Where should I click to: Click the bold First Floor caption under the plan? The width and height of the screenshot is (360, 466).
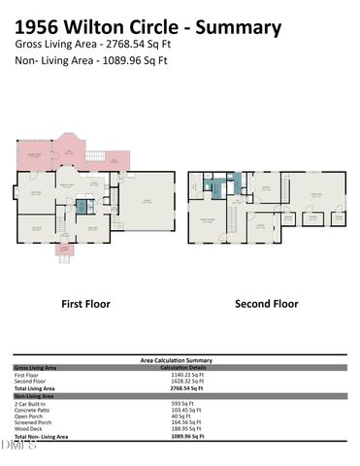coord(85,304)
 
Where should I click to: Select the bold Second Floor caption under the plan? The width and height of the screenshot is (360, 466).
coord(266,304)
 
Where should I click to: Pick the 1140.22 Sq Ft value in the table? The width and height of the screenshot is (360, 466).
coord(181,375)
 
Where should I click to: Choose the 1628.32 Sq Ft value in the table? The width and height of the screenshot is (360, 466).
coord(181,382)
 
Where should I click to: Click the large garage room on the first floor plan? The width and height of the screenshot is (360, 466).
coord(148,202)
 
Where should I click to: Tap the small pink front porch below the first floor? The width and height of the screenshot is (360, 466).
coord(66,255)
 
